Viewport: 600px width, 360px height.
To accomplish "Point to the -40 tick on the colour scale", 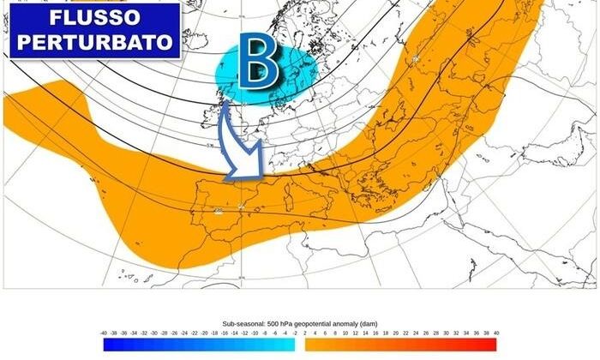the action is [104, 333].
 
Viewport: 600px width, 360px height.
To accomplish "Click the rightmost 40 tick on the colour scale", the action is [496, 333].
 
